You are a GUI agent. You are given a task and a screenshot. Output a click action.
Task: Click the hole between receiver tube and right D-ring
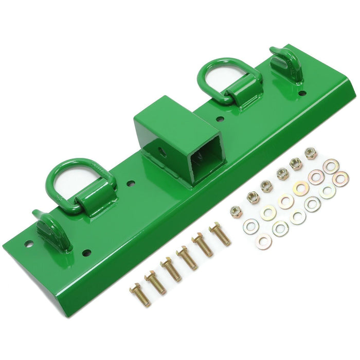[220, 119]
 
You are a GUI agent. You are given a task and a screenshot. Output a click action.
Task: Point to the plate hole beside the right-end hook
[303, 93]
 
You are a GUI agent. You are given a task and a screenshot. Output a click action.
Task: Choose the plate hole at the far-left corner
[29, 244]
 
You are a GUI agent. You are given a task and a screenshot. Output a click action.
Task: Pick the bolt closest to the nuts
[220, 233]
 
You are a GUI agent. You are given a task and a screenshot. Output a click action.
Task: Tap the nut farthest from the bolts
[311, 153]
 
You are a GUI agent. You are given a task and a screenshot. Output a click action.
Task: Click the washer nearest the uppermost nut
[331, 166]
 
